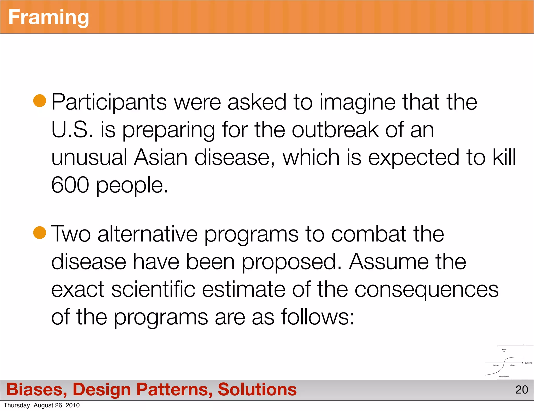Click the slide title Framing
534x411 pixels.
[48, 17]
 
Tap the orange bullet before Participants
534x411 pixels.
[40, 101]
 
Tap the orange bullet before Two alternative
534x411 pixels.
[40, 233]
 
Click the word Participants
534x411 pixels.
[109, 102]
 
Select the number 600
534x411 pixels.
[70, 185]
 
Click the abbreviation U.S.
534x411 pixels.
[72, 130]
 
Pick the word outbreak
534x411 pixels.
[335, 130]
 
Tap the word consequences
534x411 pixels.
[426, 290]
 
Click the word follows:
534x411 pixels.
[318, 317]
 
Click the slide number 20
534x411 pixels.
[521, 390]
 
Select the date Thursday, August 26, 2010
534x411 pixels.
[42, 405]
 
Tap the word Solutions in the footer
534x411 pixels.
[257, 390]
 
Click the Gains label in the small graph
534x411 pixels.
[513, 365]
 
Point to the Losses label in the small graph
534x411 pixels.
[496, 365]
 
